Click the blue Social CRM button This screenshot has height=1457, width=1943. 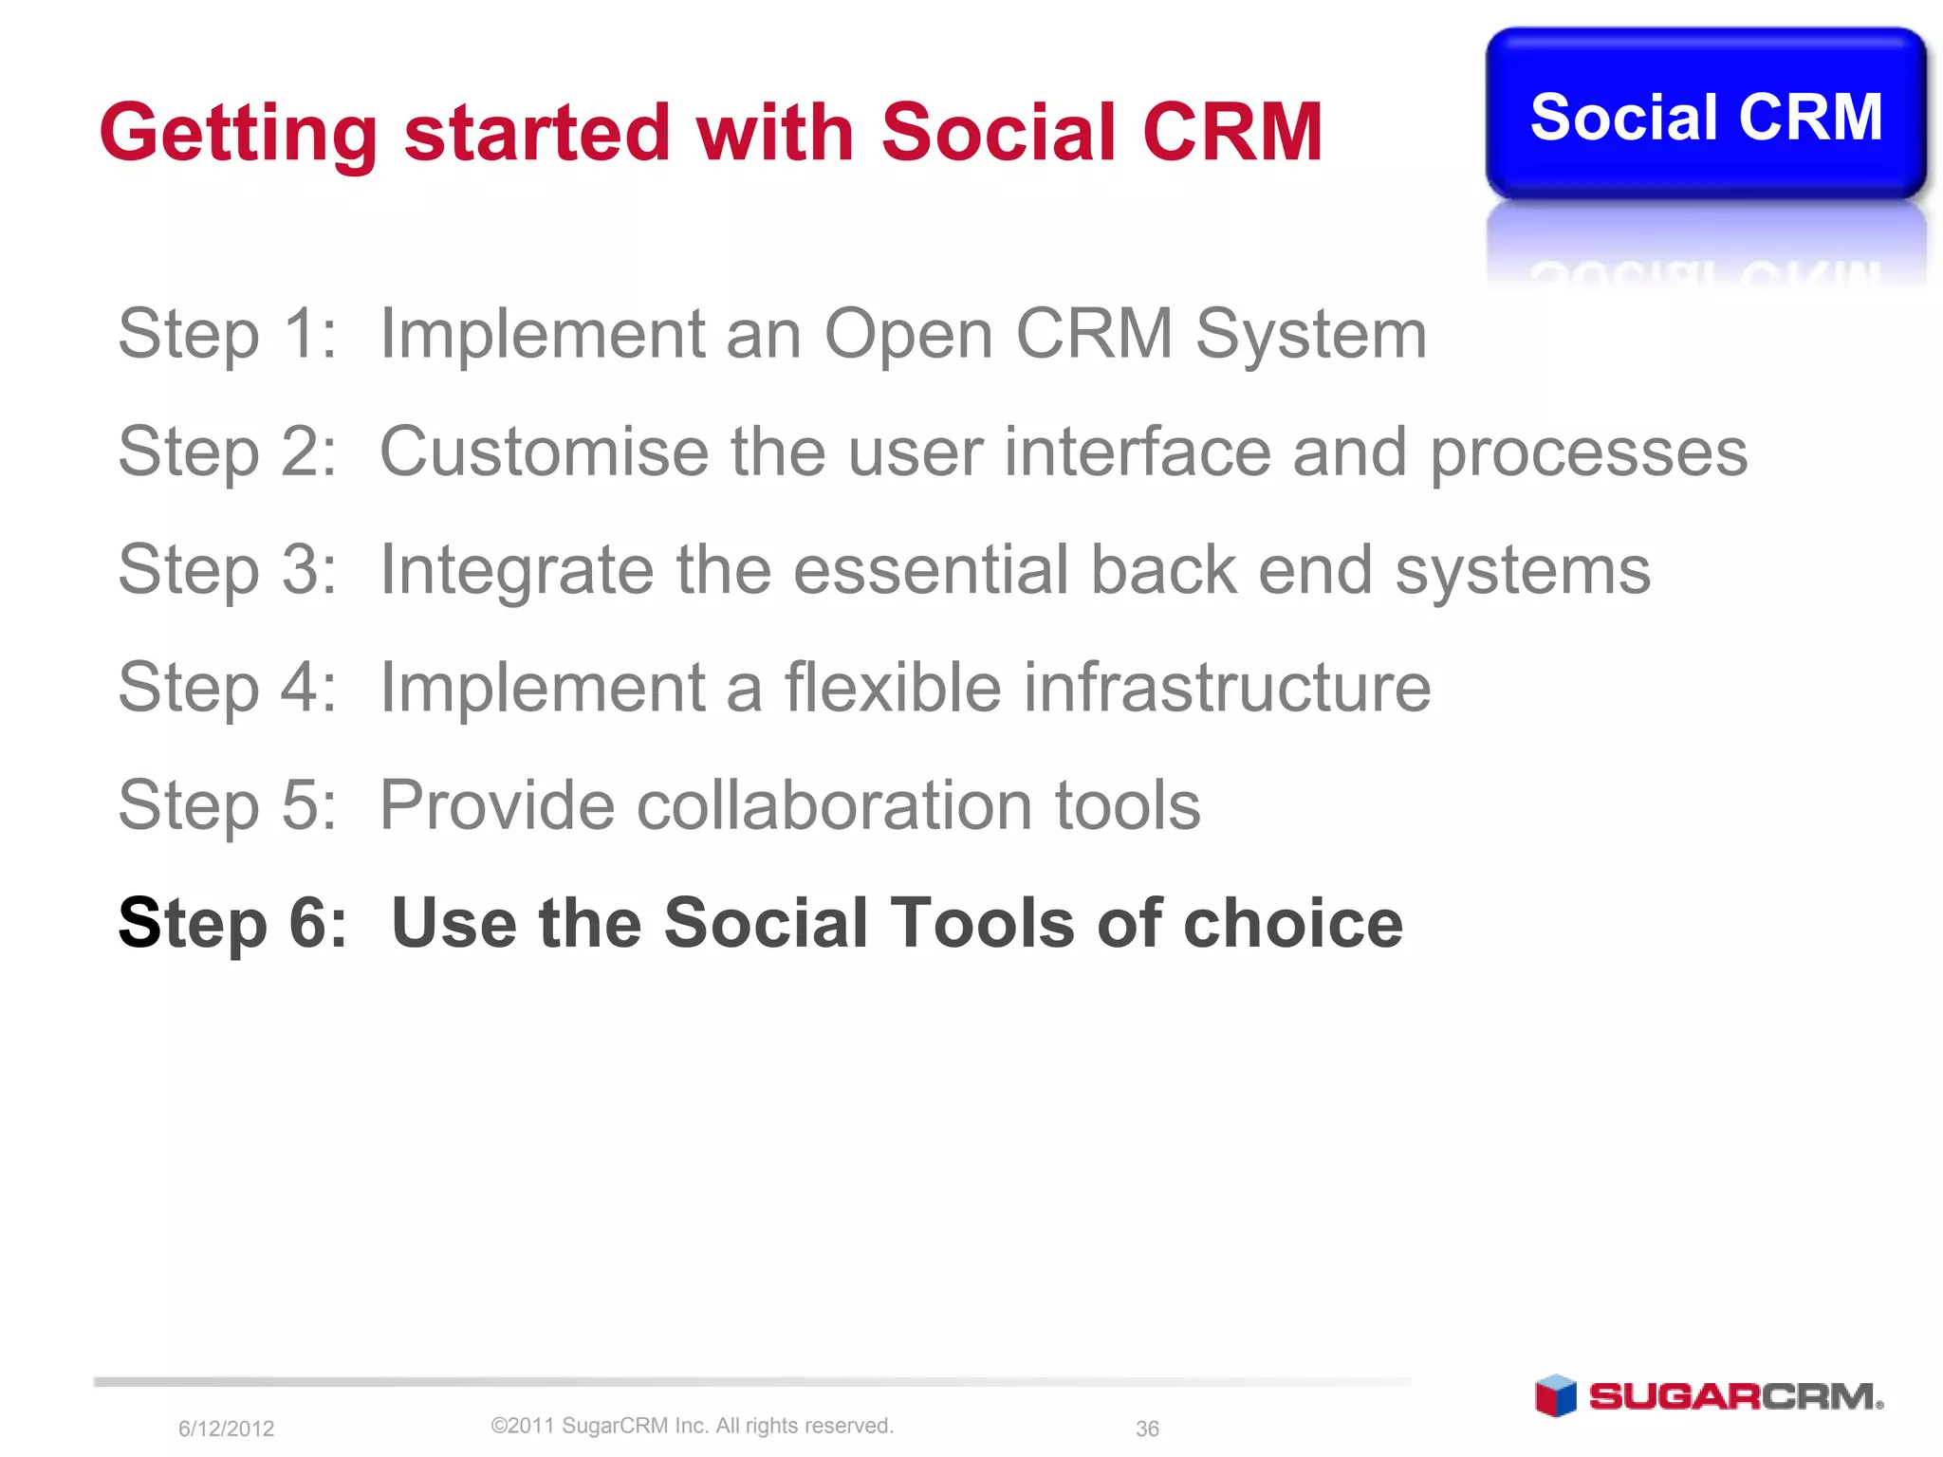click(1705, 116)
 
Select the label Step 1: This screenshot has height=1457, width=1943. click(227, 334)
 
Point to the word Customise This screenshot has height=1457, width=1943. click(544, 452)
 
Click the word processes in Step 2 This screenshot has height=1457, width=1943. click(1588, 453)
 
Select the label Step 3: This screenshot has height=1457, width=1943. click(227, 570)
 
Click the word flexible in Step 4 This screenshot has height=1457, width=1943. click(892, 687)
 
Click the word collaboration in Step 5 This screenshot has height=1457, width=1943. click(834, 805)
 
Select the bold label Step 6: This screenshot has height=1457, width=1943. click(232, 923)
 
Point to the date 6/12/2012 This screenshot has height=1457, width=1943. click(226, 1429)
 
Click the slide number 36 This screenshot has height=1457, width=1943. click(1147, 1429)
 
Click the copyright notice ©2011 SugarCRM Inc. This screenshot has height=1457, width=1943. click(692, 1426)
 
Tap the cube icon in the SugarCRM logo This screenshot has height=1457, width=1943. click(1555, 1395)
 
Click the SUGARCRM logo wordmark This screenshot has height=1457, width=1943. click(1734, 1396)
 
